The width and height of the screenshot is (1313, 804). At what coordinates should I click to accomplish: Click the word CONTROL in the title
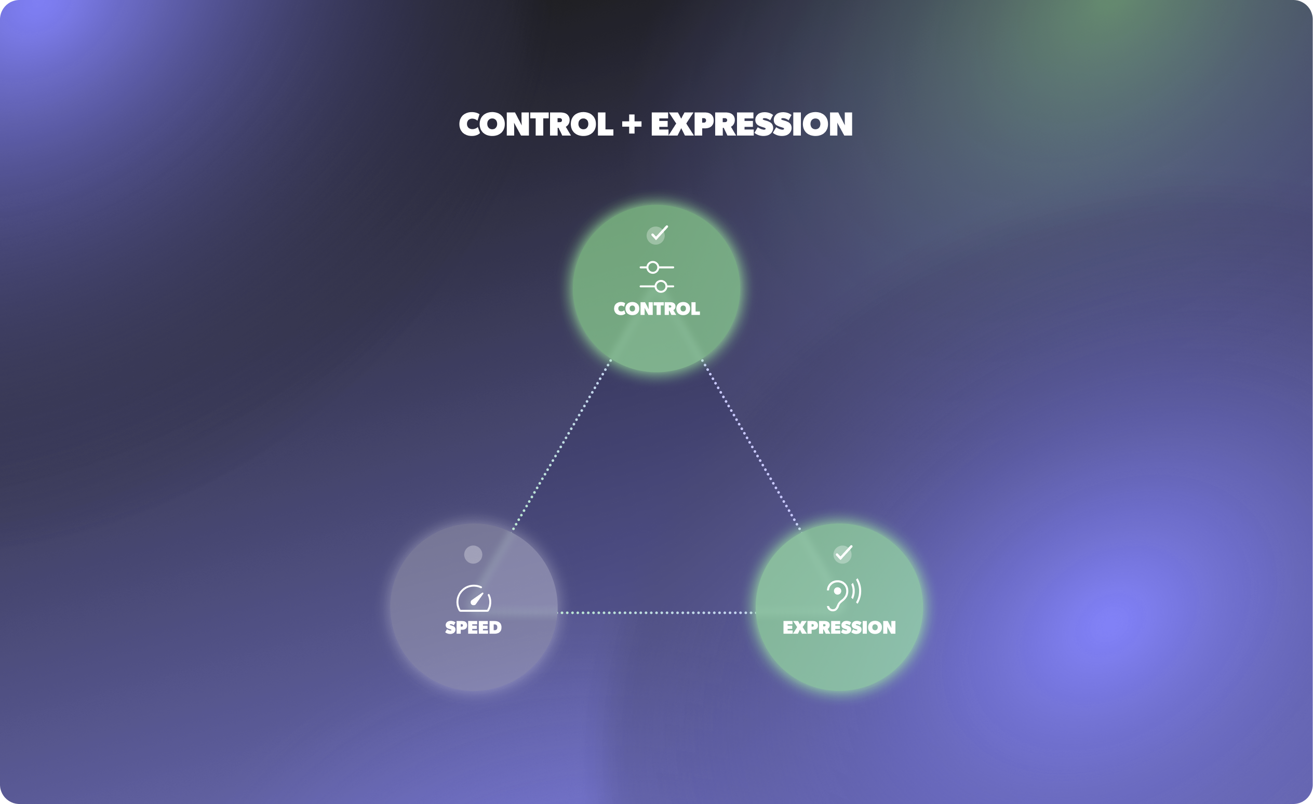[535, 125]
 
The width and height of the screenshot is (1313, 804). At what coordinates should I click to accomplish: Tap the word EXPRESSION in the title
[752, 125]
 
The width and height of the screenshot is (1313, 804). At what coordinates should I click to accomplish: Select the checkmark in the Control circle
[657, 234]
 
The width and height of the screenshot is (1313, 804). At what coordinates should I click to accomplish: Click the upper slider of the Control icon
[657, 267]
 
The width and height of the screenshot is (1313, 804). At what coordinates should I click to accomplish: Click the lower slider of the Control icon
[657, 287]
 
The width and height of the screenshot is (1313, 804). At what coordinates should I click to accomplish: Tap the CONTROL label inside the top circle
[657, 309]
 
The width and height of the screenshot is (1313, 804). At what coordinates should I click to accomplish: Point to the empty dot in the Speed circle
[473, 555]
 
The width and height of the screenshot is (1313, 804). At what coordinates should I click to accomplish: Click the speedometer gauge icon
[474, 598]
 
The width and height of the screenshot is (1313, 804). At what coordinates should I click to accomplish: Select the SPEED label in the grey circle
[473, 627]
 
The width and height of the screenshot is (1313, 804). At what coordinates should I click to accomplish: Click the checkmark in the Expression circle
[842, 554]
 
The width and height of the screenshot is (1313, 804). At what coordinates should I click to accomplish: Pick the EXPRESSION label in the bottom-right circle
[839, 627]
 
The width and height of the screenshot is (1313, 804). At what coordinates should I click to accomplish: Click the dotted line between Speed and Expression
[657, 613]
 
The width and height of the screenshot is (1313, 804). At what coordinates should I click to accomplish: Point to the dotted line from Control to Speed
[562, 445]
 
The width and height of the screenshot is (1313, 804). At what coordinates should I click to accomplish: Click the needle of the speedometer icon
[476, 599]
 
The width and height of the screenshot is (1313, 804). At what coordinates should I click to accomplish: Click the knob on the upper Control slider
[653, 267]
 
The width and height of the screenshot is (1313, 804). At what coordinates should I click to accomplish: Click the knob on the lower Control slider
[661, 287]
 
